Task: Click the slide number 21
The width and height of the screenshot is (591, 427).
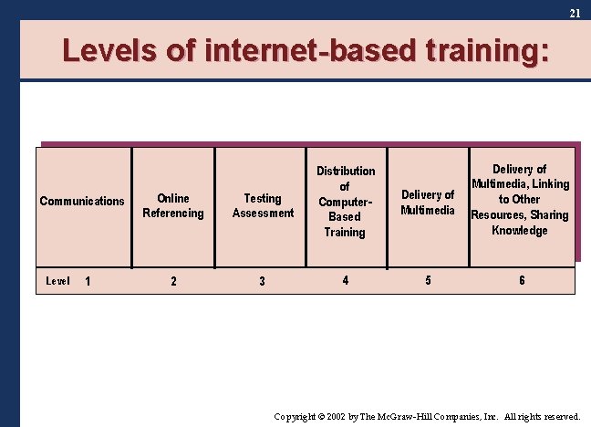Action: (x=575, y=13)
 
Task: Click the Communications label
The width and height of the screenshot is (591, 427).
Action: (x=82, y=202)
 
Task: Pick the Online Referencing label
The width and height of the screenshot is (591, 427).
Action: (x=173, y=205)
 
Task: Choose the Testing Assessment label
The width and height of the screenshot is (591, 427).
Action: (x=263, y=205)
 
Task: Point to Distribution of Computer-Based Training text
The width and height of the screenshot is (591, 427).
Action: (x=346, y=202)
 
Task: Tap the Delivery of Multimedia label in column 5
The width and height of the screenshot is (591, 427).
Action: (x=428, y=203)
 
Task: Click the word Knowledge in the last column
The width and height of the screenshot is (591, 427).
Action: (x=520, y=231)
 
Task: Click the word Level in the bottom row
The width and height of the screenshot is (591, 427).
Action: (x=57, y=281)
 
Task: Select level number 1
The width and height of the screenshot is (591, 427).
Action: (x=88, y=281)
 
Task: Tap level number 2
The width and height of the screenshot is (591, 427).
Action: (x=174, y=281)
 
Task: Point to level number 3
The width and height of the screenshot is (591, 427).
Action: (x=263, y=281)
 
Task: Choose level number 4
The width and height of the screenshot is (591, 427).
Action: (x=345, y=280)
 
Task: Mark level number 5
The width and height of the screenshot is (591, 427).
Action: (x=429, y=280)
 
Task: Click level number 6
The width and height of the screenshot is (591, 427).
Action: (x=522, y=280)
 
